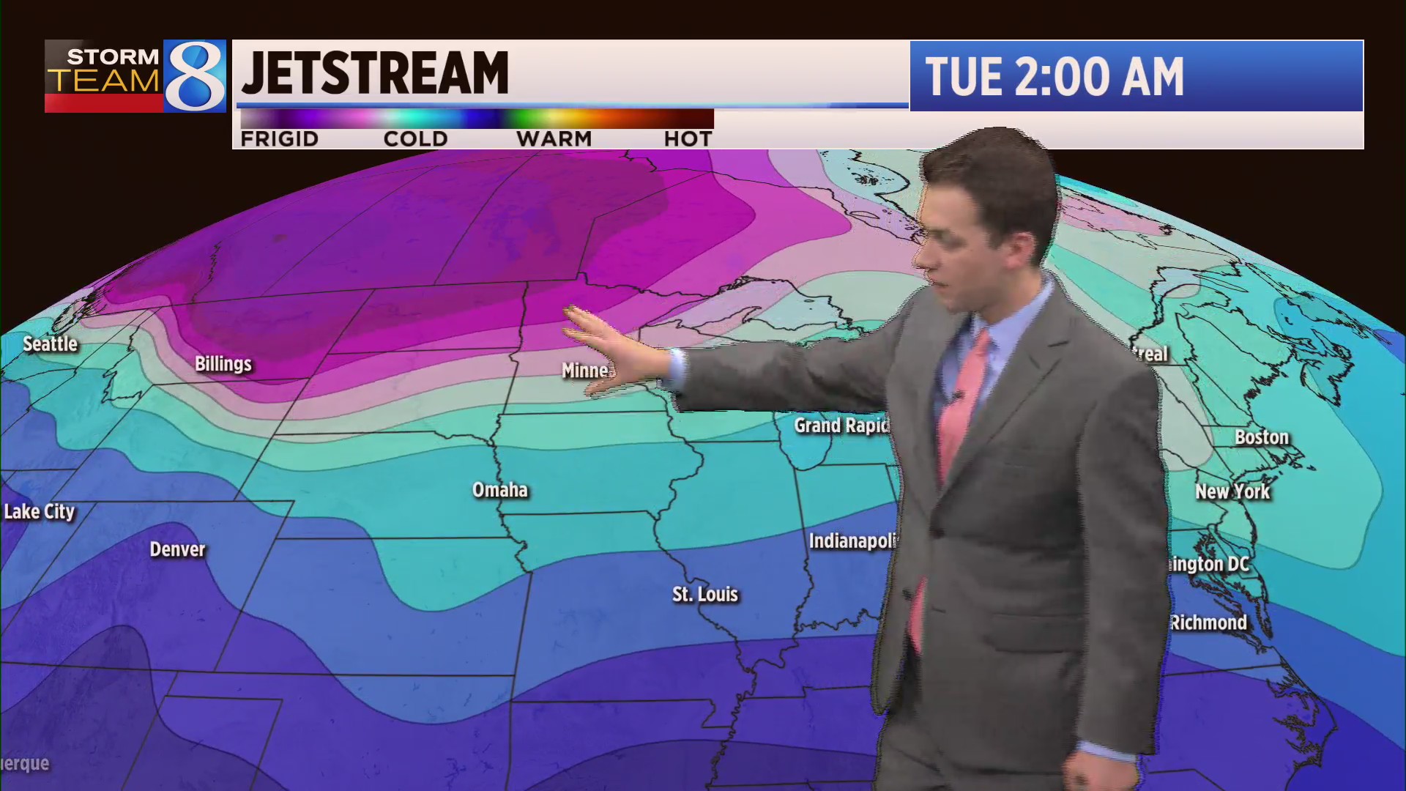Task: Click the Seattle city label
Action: [x=50, y=343]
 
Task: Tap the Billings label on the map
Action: [x=223, y=364]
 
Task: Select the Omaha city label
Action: [x=499, y=490]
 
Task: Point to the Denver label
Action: [x=177, y=549]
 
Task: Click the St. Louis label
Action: [x=705, y=594]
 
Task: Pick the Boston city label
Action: [x=1261, y=437]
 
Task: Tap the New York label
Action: [x=1232, y=491]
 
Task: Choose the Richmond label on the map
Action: [x=1208, y=623]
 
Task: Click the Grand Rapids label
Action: [x=841, y=426]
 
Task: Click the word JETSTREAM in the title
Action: [x=375, y=73]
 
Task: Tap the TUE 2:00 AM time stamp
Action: [x=1054, y=77]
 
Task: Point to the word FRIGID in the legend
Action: [x=279, y=139]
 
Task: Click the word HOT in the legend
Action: [x=688, y=139]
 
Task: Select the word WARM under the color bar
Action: [x=554, y=139]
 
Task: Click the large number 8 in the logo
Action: [x=195, y=76]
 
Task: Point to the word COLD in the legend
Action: [x=415, y=139]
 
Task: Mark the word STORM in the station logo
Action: [x=113, y=56]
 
